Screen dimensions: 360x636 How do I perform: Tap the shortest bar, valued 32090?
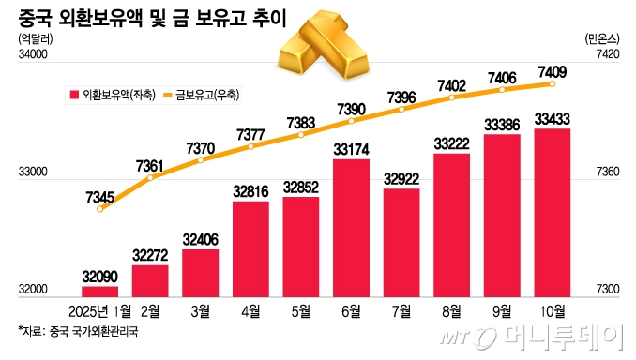tap(100, 291)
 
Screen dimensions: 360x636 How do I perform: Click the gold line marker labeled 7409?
tap(553, 83)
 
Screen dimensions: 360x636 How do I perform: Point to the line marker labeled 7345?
tap(100, 210)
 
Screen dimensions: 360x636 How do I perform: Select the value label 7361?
tap(150, 166)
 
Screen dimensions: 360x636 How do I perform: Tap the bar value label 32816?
tap(250, 191)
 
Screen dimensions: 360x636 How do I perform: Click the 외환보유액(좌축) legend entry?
tap(103, 95)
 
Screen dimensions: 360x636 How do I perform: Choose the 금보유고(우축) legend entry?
tap(202, 95)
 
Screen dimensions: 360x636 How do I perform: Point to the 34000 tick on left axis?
tap(31, 57)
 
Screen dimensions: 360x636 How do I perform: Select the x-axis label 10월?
tap(553, 312)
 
